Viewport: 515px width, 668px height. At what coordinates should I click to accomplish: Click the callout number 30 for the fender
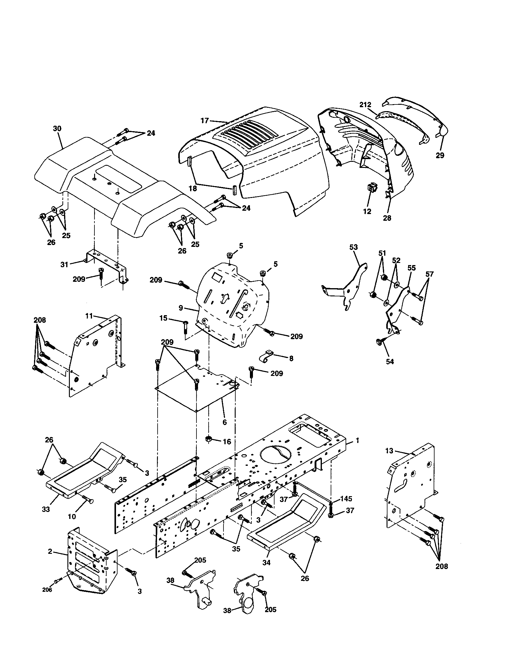tap(57, 129)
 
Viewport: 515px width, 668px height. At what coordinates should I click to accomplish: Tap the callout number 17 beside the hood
tap(205, 121)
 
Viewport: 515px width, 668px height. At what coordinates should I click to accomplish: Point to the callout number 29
tap(440, 155)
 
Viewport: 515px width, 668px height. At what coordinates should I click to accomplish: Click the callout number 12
tap(367, 211)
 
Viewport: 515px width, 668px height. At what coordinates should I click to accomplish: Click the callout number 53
tap(353, 247)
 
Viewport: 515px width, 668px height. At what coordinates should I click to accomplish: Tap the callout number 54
tap(390, 362)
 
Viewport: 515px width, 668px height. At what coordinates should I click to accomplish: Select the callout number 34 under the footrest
tap(266, 562)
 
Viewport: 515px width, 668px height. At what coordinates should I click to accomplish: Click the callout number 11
tap(89, 316)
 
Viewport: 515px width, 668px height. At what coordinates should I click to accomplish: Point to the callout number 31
tap(64, 264)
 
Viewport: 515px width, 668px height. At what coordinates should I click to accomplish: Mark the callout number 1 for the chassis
tap(357, 441)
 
